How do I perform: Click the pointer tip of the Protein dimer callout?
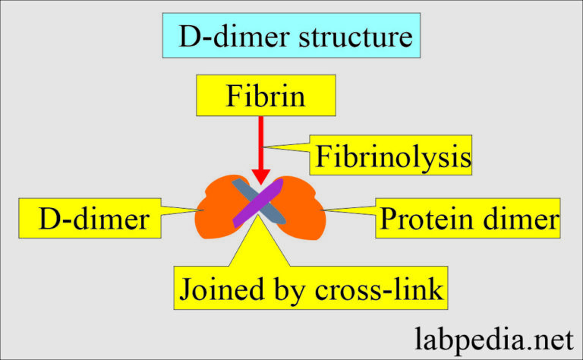[x=323, y=209]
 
